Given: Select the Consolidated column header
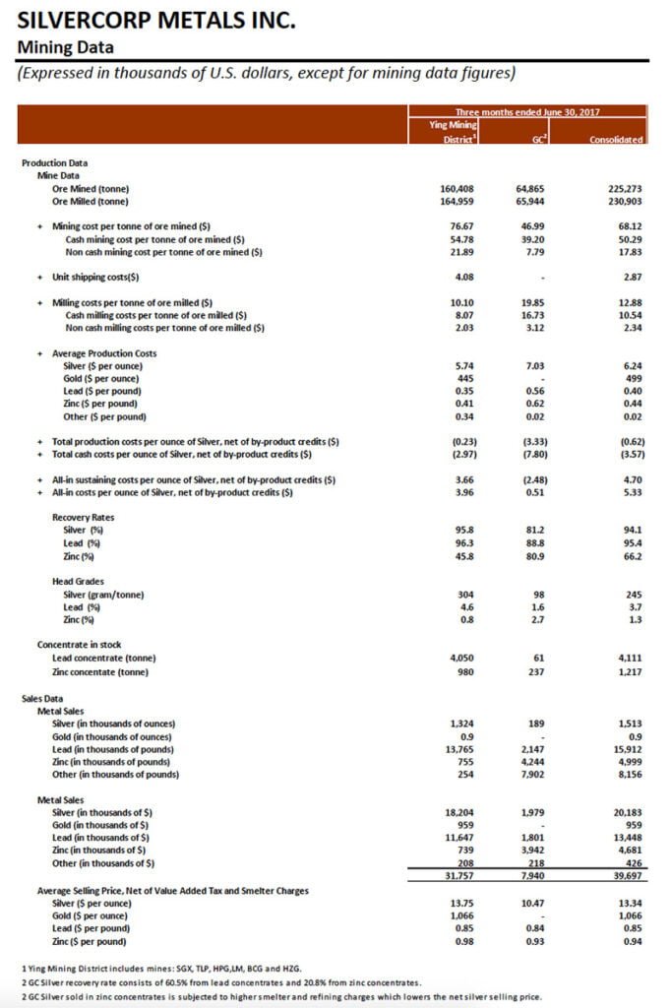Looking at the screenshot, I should click(x=617, y=140).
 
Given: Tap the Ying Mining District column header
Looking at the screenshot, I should click(x=455, y=132).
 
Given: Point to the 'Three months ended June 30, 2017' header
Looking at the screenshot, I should click(x=526, y=112).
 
